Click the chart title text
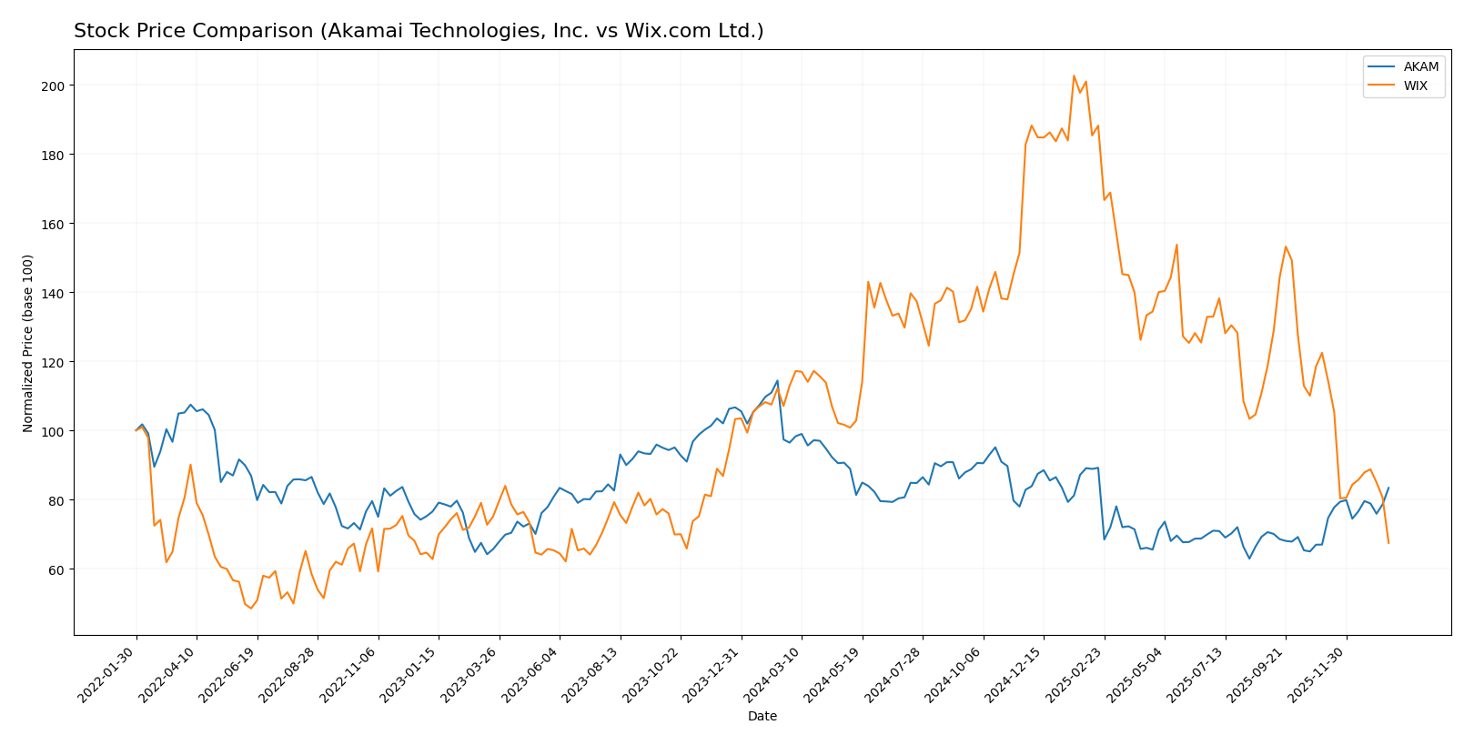pos(419,31)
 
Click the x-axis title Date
pos(762,717)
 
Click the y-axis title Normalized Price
pos(28,343)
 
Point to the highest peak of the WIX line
pos(1074,76)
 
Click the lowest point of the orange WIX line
pos(251,608)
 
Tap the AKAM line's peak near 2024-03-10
pos(777,380)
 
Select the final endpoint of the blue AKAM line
pos(1388,488)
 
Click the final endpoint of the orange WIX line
pos(1388,543)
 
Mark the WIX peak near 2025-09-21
pos(1286,247)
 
